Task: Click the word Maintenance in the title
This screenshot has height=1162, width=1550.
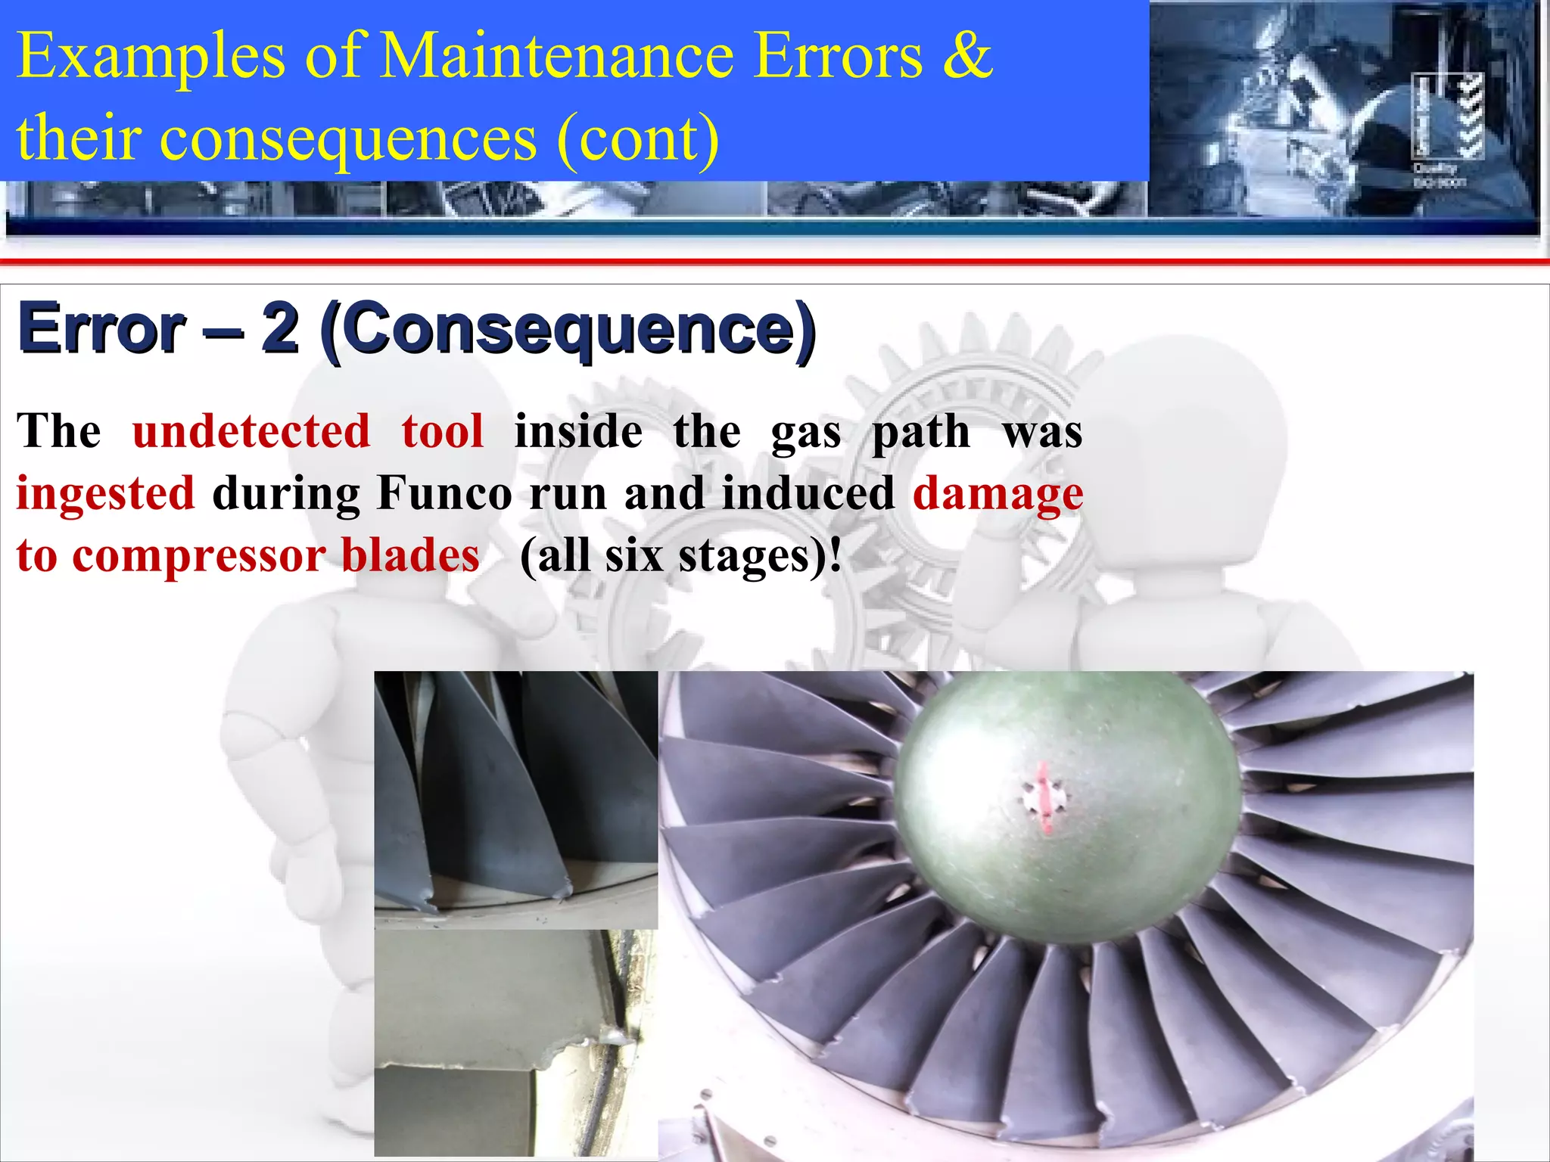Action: tap(556, 56)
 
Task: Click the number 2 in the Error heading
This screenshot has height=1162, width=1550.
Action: tap(279, 328)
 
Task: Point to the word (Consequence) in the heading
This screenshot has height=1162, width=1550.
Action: tap(568, 330)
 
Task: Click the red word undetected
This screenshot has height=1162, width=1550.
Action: tap(251, 431)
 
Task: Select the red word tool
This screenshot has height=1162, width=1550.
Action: tap(443, 431)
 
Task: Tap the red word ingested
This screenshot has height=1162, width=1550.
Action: tap(106, 493)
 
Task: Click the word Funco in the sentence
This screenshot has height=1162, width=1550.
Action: tap(444, 493)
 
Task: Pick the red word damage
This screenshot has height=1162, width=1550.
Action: tap(998, 493)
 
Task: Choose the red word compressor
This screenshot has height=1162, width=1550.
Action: tap(199, 555)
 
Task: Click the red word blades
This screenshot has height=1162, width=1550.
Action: tap(410, 555)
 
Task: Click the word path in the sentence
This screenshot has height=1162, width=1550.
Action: tap(920, 431)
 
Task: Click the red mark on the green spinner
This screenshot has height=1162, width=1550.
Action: tap(1044, 798)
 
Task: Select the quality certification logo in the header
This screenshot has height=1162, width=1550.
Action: tap(1447, 129)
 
